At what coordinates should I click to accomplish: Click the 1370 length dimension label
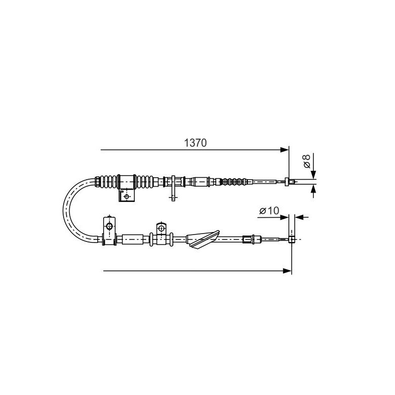[x=195, y=143]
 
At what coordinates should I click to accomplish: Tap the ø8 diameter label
[x=307, y=161]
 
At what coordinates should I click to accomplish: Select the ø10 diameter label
[x=269, y=211]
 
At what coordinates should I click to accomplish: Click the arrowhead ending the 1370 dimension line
[x=285, y=150]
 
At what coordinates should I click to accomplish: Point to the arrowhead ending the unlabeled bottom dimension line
[x=287, y=271]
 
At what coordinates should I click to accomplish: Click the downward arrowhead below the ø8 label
[x=314, y=175]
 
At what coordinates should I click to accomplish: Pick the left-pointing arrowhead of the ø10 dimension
[x=299, y=217]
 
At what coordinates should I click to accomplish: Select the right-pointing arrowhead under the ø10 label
[x=284, y=217]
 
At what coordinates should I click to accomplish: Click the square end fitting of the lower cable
[x=291, y=239]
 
